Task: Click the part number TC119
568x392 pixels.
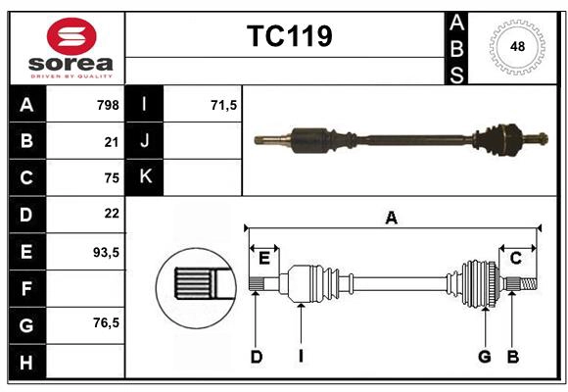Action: pyautogui.click(x=289, y=37)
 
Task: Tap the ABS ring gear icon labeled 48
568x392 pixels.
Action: pyautogui.click(x=514, y=46)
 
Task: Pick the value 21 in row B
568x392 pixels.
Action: pyautogui.click(x=111, y=142)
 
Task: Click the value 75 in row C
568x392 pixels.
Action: pyautogui.click(x=111, y=178)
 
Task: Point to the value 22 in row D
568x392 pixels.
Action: pyautogui.click(x=111, y=214)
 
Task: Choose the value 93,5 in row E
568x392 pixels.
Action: pyautogui.click(x=106, y=252)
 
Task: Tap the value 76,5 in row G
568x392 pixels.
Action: pyautogui.click(x=106, y=322)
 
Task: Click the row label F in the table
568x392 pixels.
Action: pyautogui.click(x=25, y=288)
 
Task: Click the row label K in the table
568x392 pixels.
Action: pyautogui.click(x=145, y=177)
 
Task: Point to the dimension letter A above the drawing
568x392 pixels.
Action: pyautogui.click(x=391, y=219)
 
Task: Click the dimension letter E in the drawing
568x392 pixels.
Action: pyautogui.click(x=263, y=258)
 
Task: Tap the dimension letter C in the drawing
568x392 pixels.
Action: pyautogui.click(x=515, y=258)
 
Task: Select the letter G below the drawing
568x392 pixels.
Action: pyautogui.click(x=484, y=357)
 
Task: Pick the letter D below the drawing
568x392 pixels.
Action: pyautogui.click(x=256, y=357)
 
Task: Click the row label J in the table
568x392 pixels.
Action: pyautogui.click(x=145, y=141)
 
